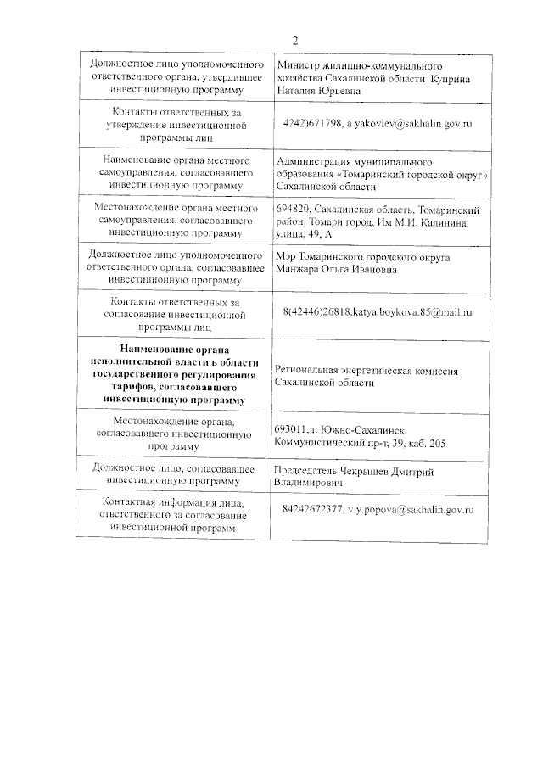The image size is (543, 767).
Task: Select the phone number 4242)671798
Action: pos(312,124)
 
